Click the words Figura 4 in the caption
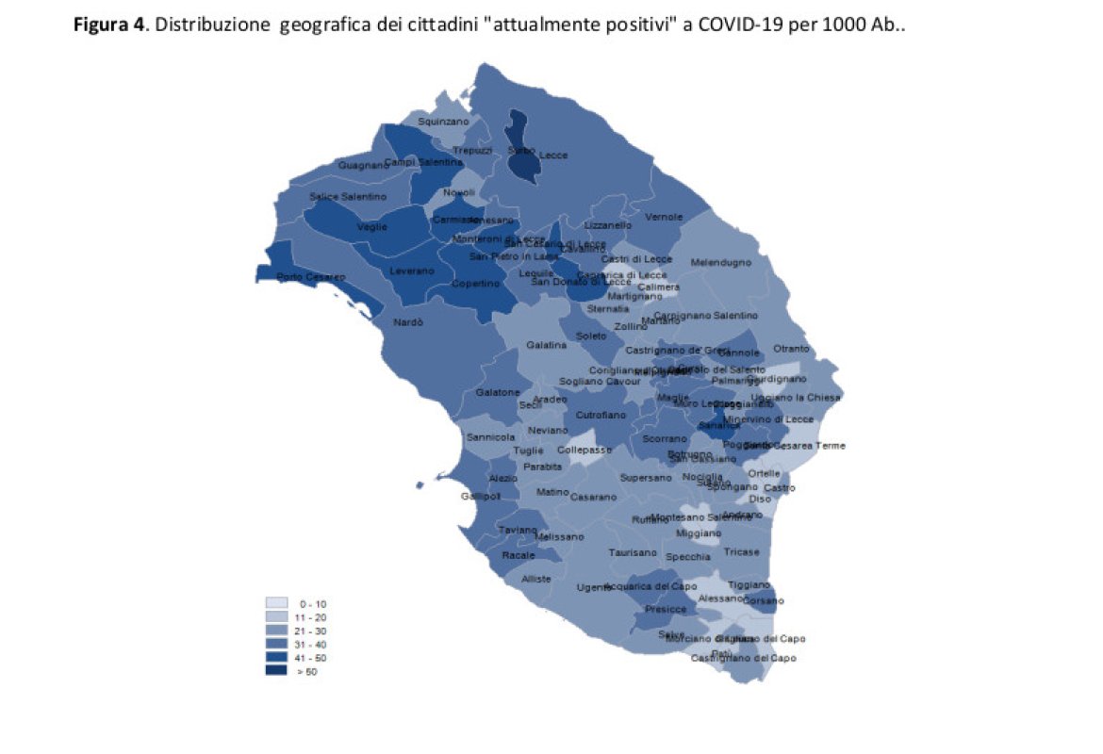click(107, 25)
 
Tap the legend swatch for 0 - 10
click(276, 603)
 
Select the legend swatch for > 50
click(276, 671)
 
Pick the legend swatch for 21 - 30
click(276, 631)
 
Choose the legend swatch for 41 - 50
click(276, 657)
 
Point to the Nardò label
click(408, 322)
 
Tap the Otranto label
click(790, 349)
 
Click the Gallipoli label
click(480, 496)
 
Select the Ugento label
click(594, 587)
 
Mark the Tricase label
click(741, 551)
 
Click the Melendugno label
click(720, 262)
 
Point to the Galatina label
click(547, 345)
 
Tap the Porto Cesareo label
click(311, 276)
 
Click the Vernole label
click(664, 217)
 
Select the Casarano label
click(593, 497)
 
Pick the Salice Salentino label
click(348, 196)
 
